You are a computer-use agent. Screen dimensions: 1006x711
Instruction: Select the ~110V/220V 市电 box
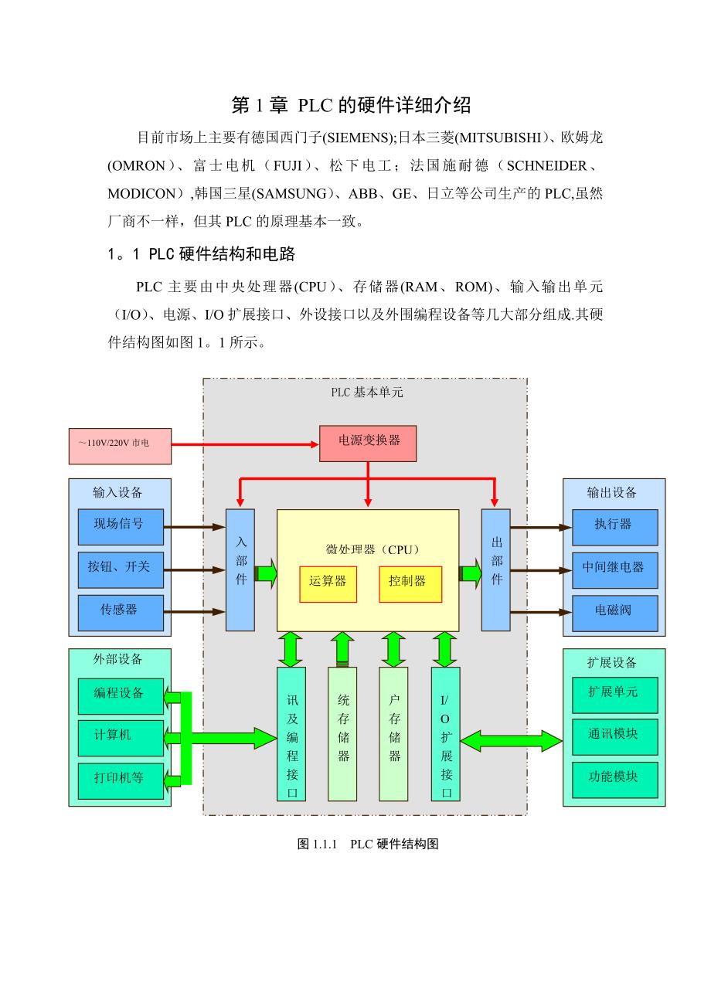[x=120, y=445]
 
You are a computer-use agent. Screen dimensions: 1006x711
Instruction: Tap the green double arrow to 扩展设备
[x=511, y=740]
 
